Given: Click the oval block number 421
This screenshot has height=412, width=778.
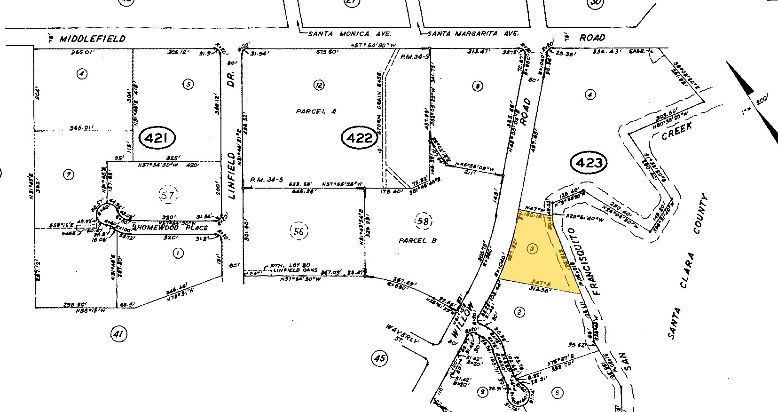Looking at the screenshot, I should point(157,139).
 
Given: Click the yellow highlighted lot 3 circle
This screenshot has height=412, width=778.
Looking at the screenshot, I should point(532,249).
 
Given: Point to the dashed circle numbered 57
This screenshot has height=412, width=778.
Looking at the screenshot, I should point(168,195).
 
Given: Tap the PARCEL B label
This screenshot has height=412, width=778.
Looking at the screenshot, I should point(417,241).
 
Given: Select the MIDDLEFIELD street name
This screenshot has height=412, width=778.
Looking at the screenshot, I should point(93,39).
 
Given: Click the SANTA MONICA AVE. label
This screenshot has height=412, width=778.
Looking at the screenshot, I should point(350,34).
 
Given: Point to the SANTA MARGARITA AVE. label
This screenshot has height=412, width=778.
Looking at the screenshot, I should point(473,34).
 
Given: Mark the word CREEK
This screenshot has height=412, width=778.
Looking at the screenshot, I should point(677,132).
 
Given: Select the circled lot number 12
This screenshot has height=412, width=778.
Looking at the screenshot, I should point(320,85).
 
